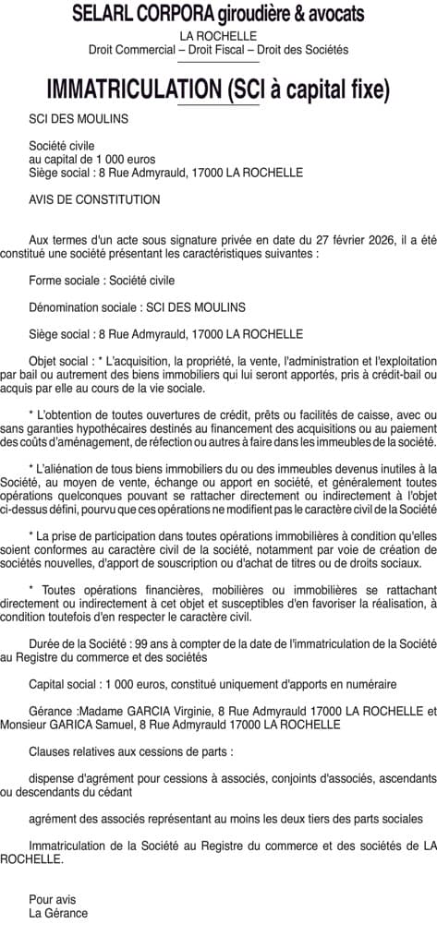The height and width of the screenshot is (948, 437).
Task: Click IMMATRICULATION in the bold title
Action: pyautogui.click(x=131, y=90)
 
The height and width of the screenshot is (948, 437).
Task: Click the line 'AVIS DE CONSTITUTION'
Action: pyautogui.click(x=94, y=199)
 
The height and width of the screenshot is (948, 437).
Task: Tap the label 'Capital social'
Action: pyautogui.click(x=63, y=684)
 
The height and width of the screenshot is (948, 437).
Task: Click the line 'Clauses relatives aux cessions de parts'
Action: pyautogui.click(x=130, y=752)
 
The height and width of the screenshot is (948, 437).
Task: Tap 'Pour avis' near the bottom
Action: pyautogui.click(x=53, y=899)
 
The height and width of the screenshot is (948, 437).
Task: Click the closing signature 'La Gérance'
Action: pyautogui.click(x=58, y=913)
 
